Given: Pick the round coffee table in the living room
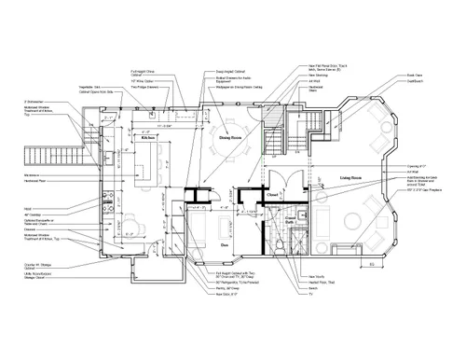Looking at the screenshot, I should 355,224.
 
